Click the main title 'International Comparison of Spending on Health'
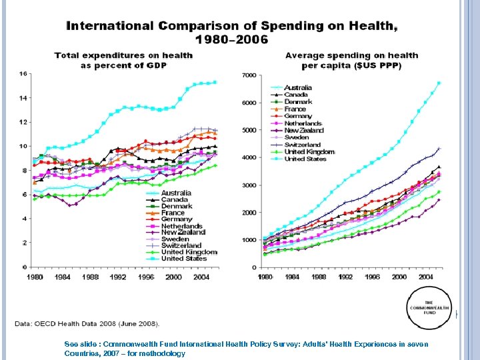231,27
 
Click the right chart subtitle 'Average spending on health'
351,55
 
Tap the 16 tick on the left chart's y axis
23,73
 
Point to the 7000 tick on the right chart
249,75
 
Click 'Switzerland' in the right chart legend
302,144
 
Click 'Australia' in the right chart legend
298,88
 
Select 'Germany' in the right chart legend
297,116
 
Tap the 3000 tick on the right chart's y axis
249,185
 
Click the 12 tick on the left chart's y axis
23,122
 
